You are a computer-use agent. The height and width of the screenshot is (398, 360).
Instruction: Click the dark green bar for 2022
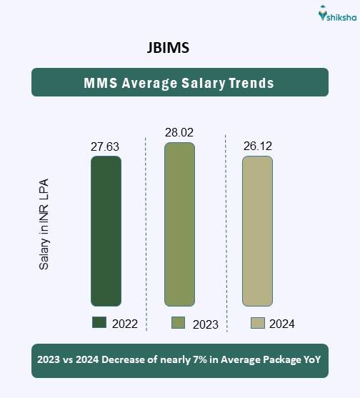point(106,231)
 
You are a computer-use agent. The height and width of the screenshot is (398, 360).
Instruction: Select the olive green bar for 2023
point(179,224)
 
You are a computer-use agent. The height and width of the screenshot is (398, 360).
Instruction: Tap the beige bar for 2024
point(257,231)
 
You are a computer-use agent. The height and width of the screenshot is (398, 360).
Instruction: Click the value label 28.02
point(179,132)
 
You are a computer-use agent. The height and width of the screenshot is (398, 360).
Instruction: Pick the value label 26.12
point(257,146)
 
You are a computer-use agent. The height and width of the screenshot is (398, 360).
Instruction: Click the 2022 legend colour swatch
point(99,323)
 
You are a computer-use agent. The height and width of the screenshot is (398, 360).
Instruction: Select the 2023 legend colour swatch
point(179,324)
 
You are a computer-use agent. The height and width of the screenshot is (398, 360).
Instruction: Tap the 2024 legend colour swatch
point(258,323)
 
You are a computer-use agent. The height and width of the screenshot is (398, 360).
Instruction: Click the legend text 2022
point(125,324)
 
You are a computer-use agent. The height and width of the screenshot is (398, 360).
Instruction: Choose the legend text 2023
point(206,324)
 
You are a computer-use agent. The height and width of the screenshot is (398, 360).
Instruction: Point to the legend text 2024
point(282,324)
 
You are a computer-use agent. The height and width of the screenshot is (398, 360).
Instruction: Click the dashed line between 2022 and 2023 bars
point(146,229)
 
